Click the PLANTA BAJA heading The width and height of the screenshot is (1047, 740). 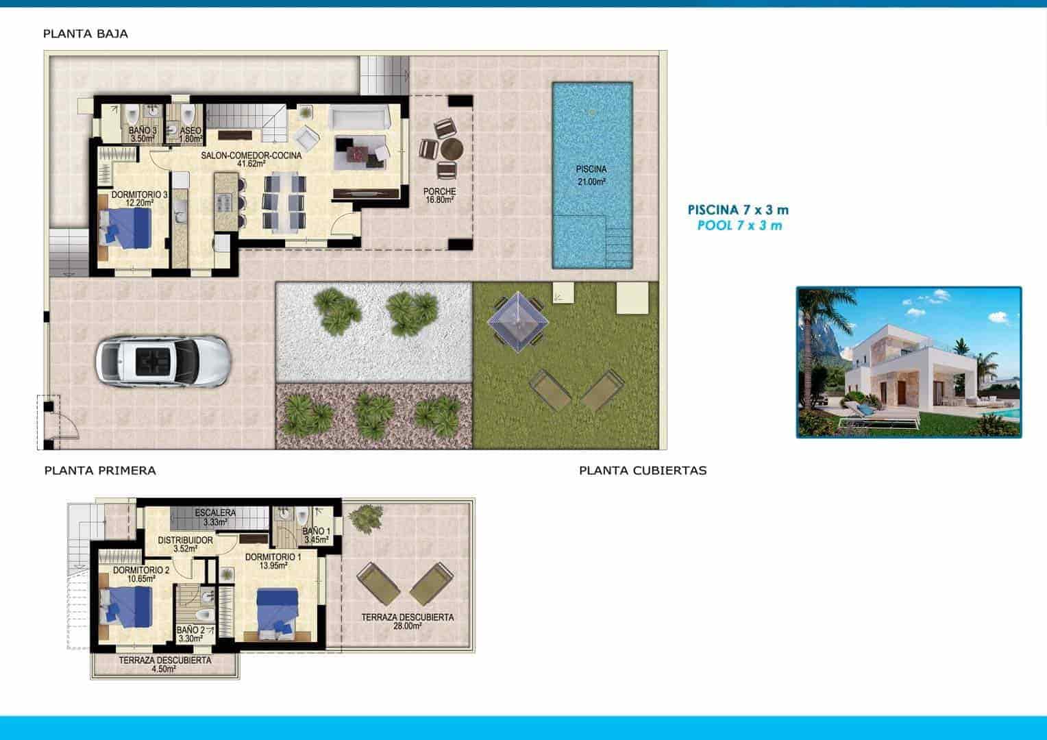tap(85, 34)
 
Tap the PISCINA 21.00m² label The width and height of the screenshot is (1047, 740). tap(591, 175)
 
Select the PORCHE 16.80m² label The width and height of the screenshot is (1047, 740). tap(440, 196)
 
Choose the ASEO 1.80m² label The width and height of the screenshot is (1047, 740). tap(190, 134)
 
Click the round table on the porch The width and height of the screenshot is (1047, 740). tap(452, 149)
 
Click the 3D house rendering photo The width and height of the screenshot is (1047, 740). tap(909, 362)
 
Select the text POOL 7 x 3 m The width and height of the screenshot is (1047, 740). tap(739, 225)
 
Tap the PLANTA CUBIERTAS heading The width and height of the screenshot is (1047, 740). tap(643, 471)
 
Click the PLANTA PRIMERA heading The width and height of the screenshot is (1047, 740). tap(100, 471)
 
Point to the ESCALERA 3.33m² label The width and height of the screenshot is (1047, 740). tap(215, 517)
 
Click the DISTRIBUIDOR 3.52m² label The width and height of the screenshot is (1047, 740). tap(185, 544)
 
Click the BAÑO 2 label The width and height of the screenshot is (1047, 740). tap(190, 634)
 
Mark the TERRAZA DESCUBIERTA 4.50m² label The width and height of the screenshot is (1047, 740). tap(164, 665)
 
